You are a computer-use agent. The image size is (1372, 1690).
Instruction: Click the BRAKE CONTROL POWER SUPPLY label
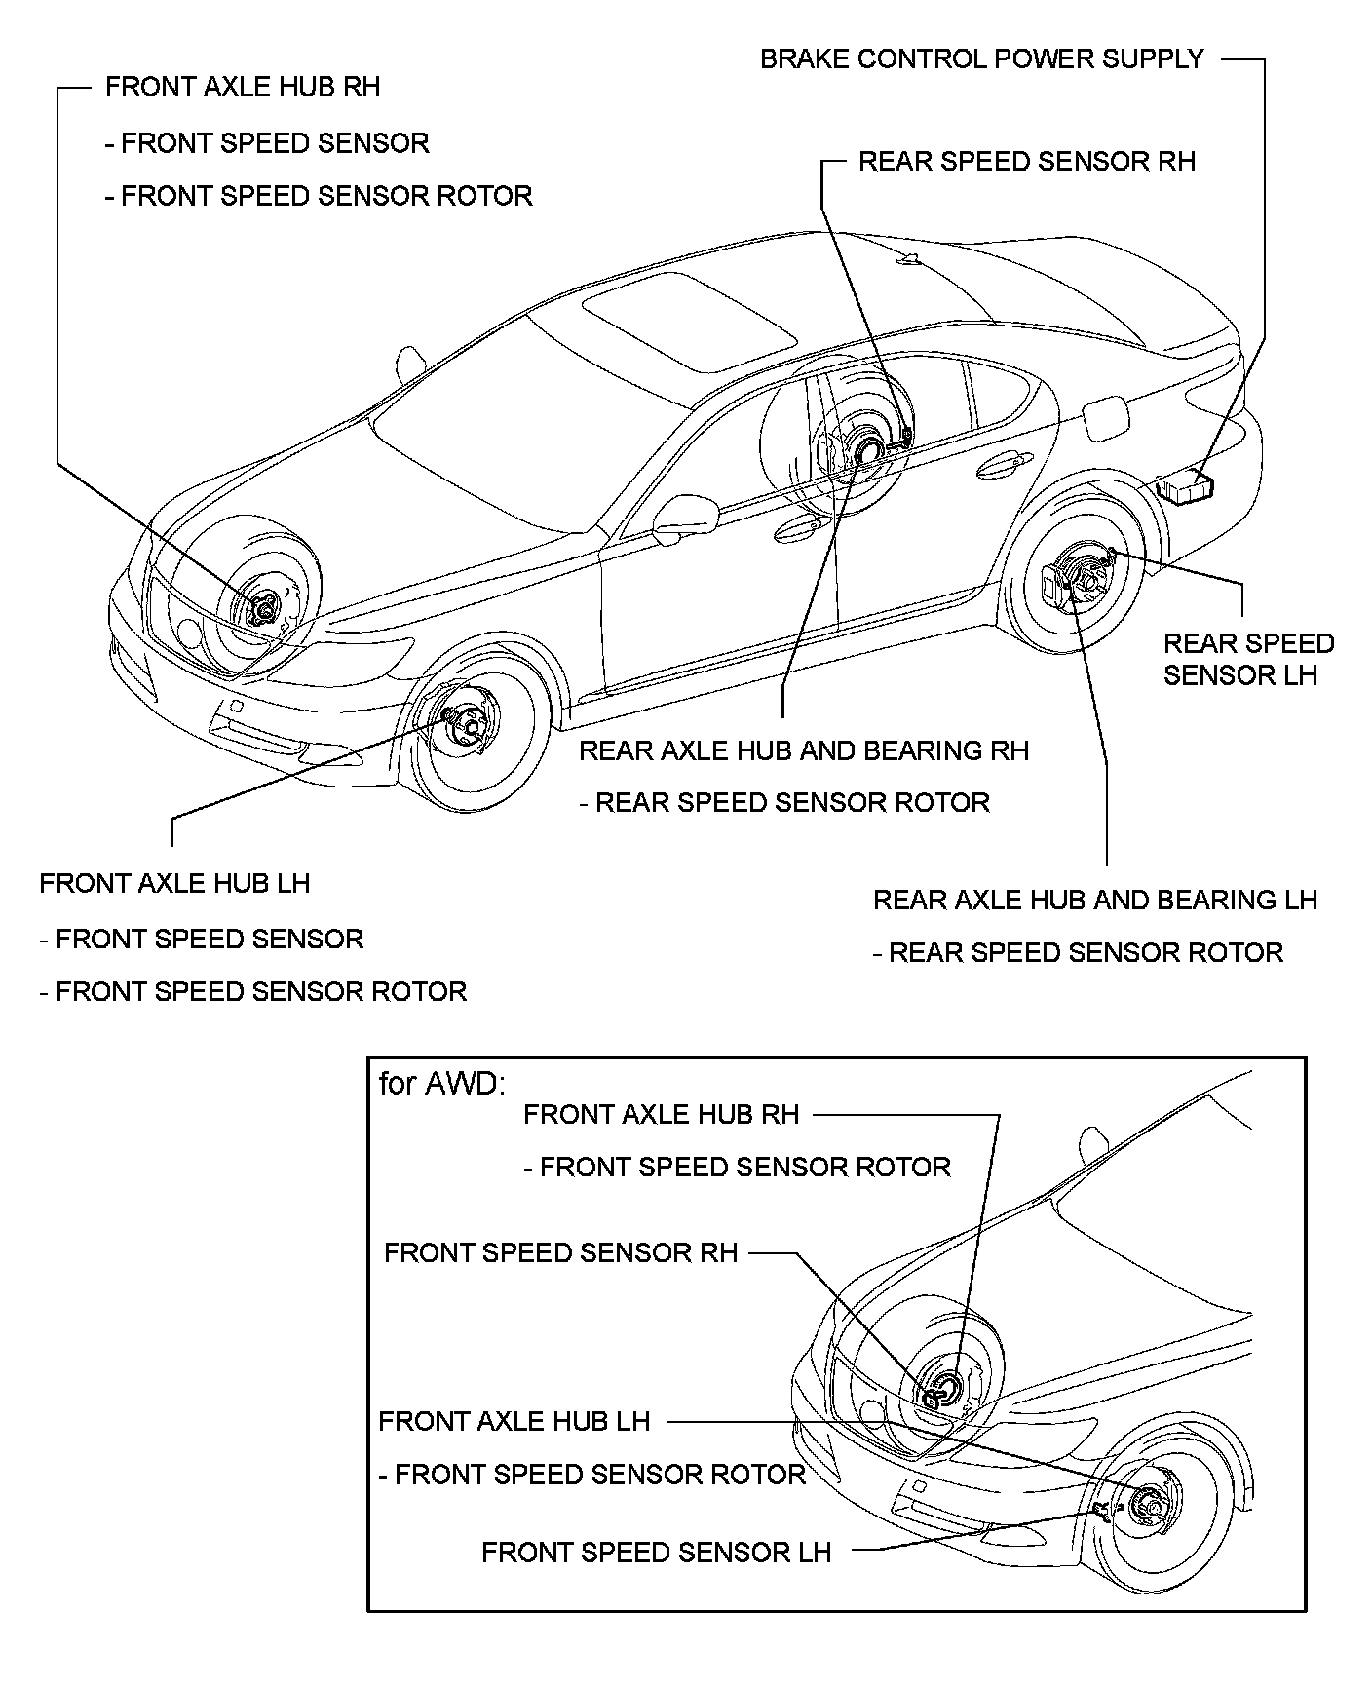click(x=981, y=59)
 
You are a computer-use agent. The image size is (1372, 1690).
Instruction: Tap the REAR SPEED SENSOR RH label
click(x=1026, y=162)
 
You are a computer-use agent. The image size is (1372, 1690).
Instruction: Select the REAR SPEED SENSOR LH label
click(x=1247, y=660)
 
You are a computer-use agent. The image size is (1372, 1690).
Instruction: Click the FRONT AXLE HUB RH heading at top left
click(x=242, y=88)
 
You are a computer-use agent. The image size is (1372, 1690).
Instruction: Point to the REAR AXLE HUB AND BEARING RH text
click(x=803, y=751)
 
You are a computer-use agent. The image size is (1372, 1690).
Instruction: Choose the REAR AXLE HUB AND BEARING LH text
click(x=1094, y=901)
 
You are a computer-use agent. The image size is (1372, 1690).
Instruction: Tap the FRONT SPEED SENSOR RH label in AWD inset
click(x=560, y=1253)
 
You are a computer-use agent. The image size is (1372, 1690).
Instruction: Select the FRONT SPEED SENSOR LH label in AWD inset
click(x=656, y=1553)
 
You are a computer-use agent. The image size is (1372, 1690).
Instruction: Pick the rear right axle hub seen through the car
click(x=863, y=451)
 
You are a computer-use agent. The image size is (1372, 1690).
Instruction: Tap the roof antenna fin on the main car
click(x=909, y=258)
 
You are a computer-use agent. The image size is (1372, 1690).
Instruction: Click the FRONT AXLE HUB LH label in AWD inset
click(x=514, y=1422)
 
